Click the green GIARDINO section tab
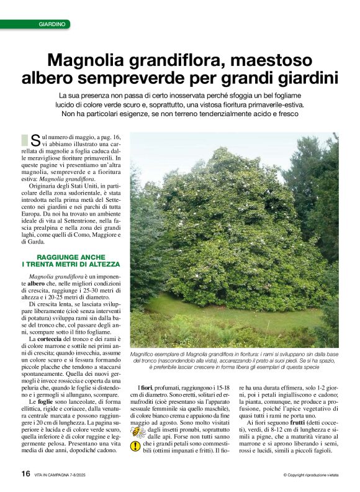[52, 24]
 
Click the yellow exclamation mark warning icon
[136, 446]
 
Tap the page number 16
[25, 473]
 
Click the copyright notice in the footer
[310, 475]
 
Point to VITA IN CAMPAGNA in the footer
[58, 475]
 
